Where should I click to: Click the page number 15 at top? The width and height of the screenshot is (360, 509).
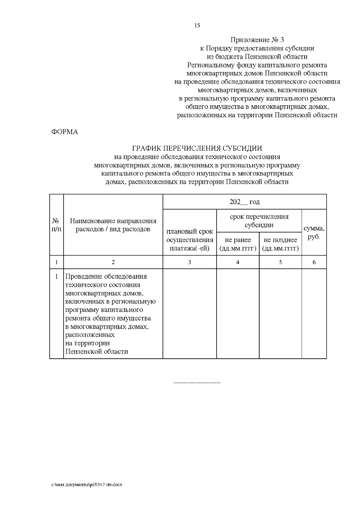(197, 25)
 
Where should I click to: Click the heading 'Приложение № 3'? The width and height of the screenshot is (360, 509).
(257, 40)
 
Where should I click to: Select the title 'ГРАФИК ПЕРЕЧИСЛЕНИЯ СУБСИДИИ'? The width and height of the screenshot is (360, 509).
(197, 148)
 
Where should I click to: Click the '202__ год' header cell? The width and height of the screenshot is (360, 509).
(244, 202)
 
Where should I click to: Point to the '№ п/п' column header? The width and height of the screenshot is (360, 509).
(56, 225)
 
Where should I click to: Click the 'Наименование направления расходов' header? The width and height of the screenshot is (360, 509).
(113, 225)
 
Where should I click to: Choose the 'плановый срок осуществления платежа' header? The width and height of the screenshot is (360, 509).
(190, 240)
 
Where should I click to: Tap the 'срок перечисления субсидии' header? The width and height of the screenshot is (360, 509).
(259, 221)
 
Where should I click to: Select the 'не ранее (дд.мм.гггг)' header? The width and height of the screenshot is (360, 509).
(238, 244)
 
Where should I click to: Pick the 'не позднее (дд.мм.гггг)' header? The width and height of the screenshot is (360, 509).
(280, 244)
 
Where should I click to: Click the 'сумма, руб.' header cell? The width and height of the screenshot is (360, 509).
(314, 232)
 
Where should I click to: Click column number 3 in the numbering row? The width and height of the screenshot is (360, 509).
(190, 262)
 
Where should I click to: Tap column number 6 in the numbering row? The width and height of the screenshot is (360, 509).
(314, 262)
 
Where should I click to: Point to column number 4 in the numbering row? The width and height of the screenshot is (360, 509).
(238, 262)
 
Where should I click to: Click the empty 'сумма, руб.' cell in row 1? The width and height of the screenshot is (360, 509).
(314, 313)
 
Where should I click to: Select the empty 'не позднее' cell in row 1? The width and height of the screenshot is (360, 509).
(280, 313)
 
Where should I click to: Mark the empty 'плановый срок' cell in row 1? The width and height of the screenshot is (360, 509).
(190, 313)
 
